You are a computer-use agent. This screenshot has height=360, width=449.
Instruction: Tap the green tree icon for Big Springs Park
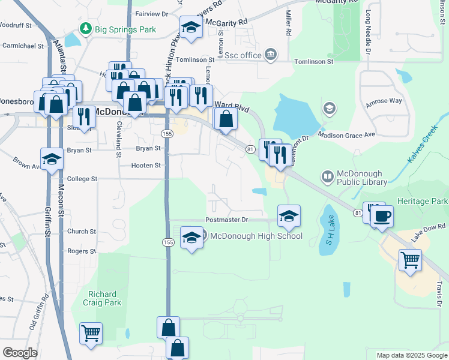[86, 29]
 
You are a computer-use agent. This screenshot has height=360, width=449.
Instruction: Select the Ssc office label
[243, 55]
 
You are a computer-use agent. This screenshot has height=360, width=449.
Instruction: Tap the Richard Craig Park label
[105, 298]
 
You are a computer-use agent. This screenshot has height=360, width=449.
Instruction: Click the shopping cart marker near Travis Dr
[410, 260]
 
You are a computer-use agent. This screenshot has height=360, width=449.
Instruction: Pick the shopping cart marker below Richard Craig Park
[91, 333]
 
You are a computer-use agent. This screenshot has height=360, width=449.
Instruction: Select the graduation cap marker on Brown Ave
[52, 159]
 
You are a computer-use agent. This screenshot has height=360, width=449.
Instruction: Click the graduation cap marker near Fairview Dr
[191, 28]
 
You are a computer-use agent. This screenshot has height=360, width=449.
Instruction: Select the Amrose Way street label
[384, 101]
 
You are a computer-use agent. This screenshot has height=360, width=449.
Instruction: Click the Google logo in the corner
[20, 353]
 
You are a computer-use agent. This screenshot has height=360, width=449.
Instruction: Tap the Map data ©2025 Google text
[411, 355]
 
